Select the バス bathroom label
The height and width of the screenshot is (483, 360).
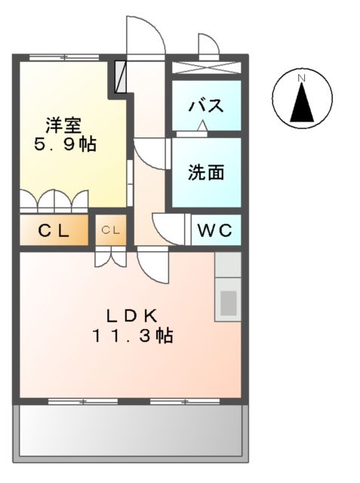coord(205,105)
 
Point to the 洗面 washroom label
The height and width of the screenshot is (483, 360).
coord(205,173)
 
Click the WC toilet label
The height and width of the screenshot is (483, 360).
coord(216,229)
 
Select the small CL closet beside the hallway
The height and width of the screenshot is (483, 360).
coord(111,230)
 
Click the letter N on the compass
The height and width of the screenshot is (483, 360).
coord(300,78)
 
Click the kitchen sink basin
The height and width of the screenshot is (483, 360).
coord(227,302)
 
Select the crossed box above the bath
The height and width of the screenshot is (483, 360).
coord(206,66)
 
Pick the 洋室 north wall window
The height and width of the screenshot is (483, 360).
coord(64,57)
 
